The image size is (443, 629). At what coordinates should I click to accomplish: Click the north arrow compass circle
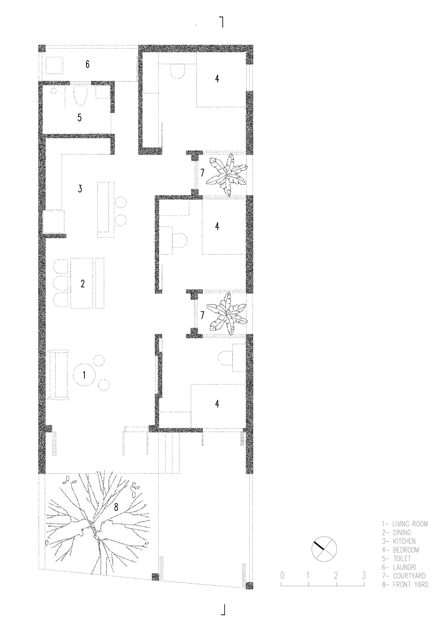[324, 550]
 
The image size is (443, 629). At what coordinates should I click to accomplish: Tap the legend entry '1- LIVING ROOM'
[404, 524]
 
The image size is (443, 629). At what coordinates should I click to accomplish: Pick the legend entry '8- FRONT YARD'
[405, 585]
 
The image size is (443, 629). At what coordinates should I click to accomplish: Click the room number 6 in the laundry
[87, 64]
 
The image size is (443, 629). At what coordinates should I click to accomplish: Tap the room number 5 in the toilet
[80, 117]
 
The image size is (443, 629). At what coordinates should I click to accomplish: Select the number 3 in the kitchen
[80, 189]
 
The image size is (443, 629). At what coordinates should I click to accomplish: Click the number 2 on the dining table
[83, 284]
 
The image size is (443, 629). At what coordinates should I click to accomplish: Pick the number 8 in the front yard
[116, 507]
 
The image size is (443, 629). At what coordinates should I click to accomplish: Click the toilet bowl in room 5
[80, 96]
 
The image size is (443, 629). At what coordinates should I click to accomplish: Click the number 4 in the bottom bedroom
[217, 403]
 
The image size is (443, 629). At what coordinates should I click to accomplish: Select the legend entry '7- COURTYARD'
[404, 576]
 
